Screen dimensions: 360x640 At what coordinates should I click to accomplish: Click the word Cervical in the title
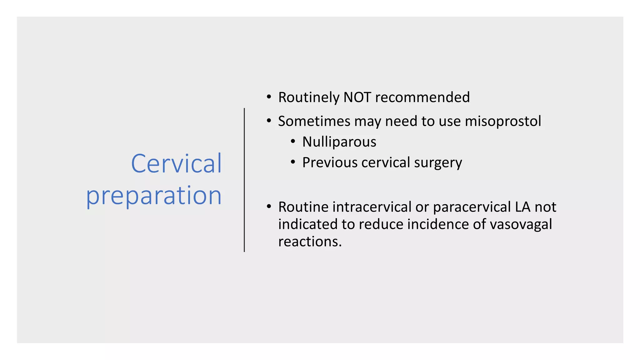click(176, 163)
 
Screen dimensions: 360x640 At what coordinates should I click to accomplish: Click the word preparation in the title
click(154, 196)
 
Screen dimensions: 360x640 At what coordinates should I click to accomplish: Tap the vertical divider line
click(244, 180)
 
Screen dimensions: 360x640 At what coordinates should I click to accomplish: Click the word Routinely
click(308, 97)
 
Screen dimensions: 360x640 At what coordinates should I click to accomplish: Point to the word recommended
click(422, 97)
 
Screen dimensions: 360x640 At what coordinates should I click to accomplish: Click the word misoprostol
click(503, 121)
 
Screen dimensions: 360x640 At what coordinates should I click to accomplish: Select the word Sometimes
click(314, 121)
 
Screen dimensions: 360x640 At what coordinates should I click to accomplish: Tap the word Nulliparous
click(339, 142)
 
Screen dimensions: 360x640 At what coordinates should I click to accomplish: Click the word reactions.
click(310, 242)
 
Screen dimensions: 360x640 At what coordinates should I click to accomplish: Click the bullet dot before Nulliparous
click(293, 142)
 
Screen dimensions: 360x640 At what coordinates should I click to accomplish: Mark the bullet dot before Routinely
click(269, 97)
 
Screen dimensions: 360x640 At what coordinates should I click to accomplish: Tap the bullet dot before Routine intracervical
click(269, 207)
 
